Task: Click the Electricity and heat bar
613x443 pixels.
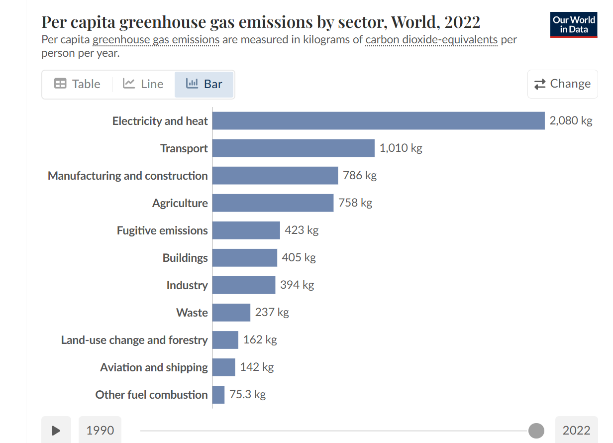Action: (378, 121)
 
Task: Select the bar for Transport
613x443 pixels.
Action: (293, 148)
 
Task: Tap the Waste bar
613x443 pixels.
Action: (231, 313)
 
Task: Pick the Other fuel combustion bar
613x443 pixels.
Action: (218, 395)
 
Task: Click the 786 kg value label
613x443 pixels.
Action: (360, 175)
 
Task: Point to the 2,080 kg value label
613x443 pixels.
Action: (571, 121)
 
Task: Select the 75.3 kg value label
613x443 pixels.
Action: (247, 395)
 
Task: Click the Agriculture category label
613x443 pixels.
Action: (180, 203)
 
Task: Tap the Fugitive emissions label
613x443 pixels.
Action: (162, 230)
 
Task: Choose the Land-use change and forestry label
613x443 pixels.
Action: (134, 340)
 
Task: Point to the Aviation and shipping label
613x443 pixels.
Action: (154, 367)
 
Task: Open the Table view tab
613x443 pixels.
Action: (77, 84)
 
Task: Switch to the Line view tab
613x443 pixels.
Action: (143, 84)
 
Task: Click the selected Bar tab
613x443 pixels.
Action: (204, 84)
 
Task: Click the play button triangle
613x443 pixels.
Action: (56, 431)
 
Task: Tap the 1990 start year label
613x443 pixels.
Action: (100, 431)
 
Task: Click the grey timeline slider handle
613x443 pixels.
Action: (536, 431)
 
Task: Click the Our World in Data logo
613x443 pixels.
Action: (573, 25)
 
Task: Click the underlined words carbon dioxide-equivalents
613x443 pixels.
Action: (431, 40)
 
